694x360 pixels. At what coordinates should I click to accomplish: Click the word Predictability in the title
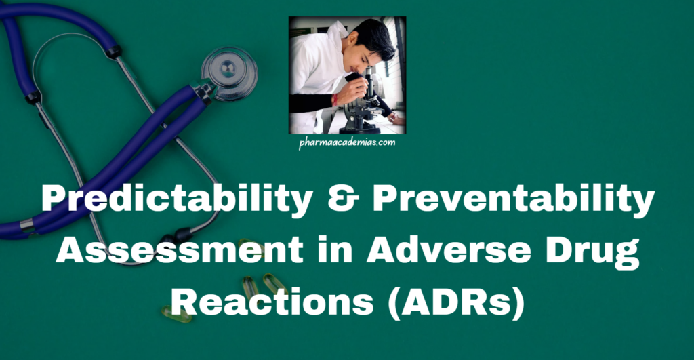pos(153,201)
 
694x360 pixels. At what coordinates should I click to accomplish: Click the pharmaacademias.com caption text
pos(347,143)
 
